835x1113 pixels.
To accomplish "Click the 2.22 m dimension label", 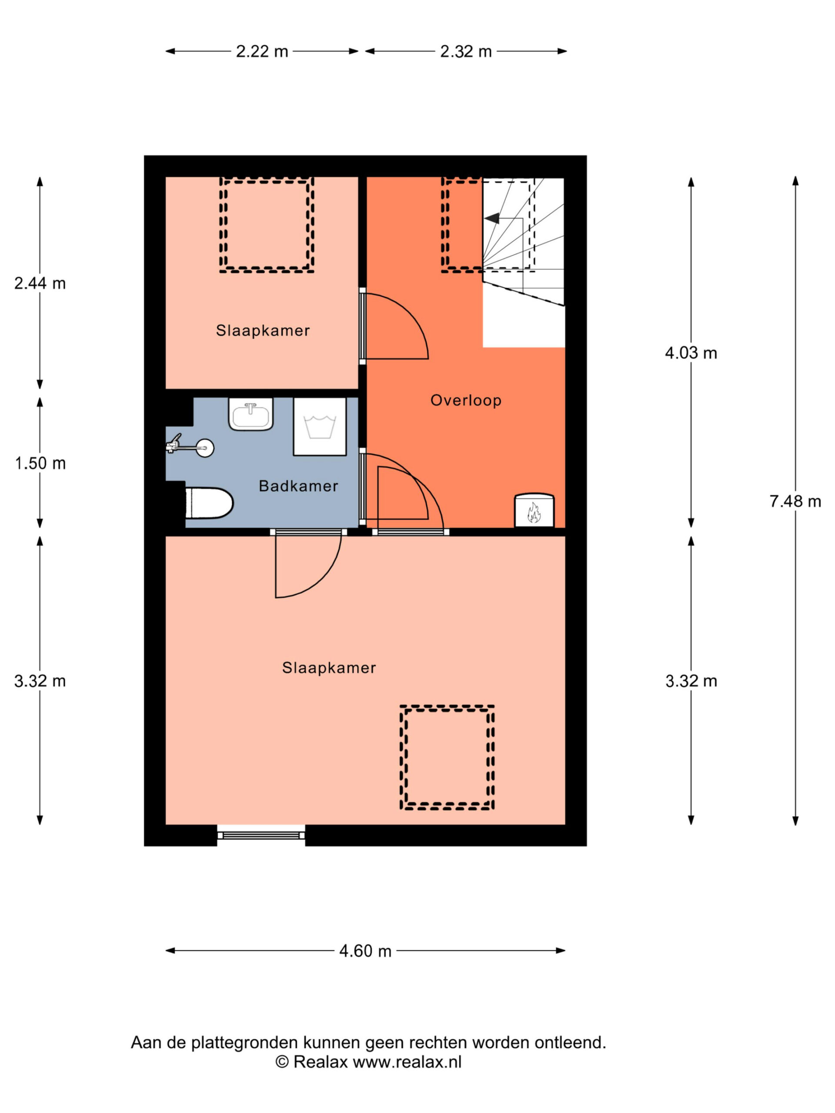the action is (262, 51).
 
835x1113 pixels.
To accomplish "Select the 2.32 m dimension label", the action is (466, 51).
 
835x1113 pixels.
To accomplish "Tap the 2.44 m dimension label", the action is (40, 283).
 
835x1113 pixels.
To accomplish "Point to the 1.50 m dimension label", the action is (40, 463).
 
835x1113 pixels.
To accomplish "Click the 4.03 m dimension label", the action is (691, 353).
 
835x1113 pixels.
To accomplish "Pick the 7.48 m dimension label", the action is (795, 501).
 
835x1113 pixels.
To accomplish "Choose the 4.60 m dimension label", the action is (365, 951).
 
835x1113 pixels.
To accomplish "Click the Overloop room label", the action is (466, 400).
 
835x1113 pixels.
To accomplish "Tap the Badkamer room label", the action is (298, 486).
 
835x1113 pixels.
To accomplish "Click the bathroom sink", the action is (250, 413).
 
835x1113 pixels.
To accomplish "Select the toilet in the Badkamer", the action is (209, 503).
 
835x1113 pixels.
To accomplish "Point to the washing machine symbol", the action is (320, 427).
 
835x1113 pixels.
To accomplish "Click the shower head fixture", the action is (190, 446).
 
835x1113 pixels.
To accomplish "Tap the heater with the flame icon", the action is (534, 511).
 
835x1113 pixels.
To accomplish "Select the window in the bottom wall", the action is (261, 835).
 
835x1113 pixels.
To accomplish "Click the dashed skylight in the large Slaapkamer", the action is (447, 757).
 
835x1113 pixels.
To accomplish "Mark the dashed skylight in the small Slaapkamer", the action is (267, 225).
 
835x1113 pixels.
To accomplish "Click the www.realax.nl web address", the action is (407, 1062).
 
